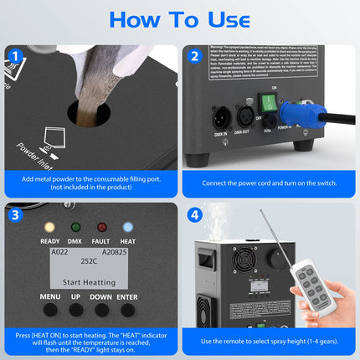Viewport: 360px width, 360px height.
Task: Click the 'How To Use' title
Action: click(x=179, y=20)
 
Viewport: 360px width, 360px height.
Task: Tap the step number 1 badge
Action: click(x=15, y=57)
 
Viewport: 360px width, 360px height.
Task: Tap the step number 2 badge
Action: click(x=195, y=57)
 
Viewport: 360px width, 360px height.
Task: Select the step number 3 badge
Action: click(x=15, y=214)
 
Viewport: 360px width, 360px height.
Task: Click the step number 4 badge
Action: click(x=195, y=214)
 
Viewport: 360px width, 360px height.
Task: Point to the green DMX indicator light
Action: click(x=75, y=227)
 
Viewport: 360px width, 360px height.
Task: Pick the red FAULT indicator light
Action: click(x=102, y=227)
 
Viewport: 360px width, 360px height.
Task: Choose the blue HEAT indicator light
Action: click(x=127, y=227)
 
